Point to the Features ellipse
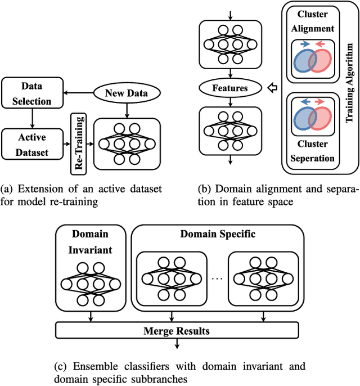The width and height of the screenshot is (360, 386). (231, 88)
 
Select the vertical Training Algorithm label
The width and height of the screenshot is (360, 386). (349, 85)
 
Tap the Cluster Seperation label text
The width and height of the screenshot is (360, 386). (313, 152)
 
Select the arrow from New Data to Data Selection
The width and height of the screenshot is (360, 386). (76, 93)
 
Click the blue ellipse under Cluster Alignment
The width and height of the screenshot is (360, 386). (304, 61)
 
